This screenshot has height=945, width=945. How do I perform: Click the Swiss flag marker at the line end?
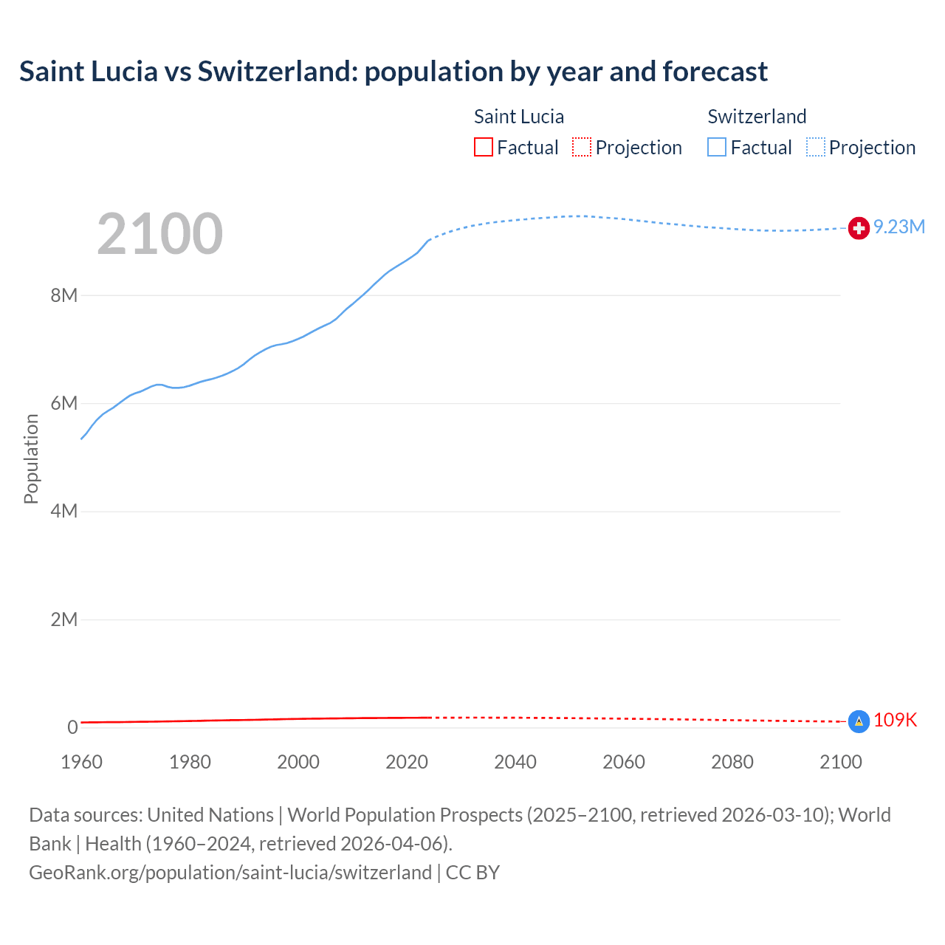859,228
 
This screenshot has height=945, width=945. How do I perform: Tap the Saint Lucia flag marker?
859,721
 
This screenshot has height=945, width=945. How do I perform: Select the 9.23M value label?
899,227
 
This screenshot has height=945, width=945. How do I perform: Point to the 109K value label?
895,720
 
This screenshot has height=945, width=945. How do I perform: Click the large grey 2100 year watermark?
159,234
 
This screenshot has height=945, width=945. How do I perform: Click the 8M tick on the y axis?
64,295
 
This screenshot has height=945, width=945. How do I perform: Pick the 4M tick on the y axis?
64,511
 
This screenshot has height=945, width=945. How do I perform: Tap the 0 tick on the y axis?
72,727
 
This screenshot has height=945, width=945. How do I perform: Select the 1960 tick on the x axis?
81,762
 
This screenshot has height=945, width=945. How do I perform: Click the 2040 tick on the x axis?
515,762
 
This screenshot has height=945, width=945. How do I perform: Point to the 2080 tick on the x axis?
732,762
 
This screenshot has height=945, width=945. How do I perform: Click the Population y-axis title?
31,458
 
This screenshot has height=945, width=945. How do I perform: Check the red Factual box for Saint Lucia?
484,147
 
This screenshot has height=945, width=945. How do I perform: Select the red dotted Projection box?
582,147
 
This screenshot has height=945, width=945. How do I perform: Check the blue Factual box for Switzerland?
717,147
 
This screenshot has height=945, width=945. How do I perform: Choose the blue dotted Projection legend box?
816,147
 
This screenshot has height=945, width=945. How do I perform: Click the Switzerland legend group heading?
757,117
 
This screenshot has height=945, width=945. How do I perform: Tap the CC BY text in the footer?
472,872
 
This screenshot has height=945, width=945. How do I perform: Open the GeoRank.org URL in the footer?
230,872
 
